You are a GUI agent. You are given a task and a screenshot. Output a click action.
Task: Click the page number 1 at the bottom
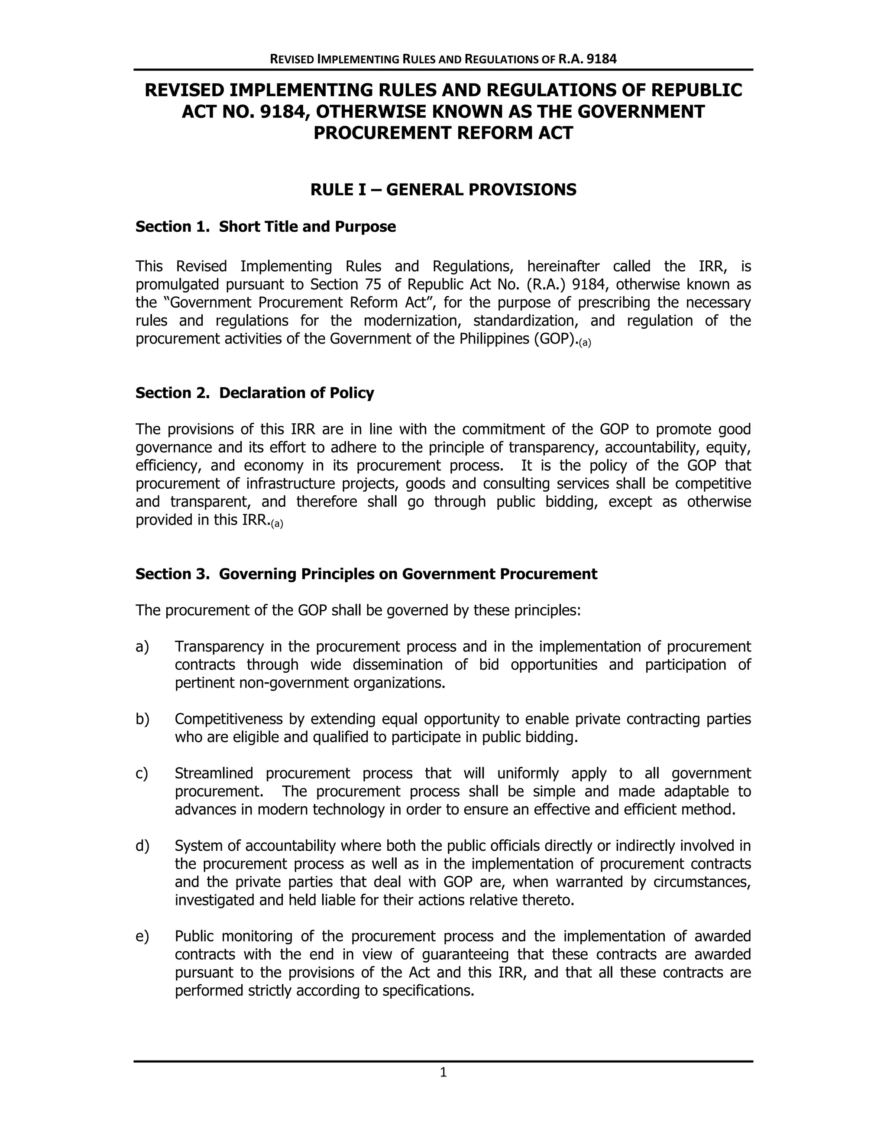pos(443,1072)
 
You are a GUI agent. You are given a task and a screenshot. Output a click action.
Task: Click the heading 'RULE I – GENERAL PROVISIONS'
pos(443,189)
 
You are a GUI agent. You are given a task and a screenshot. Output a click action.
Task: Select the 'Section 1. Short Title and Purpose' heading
pos(265,227)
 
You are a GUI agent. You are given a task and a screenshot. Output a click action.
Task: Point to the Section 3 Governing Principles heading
pos(366,574)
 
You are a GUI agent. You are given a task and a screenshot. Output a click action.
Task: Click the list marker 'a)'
pos(142,646)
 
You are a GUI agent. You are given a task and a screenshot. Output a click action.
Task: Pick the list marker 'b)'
pos(142,719)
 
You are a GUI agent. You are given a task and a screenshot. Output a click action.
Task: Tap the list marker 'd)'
pos(142,846)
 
